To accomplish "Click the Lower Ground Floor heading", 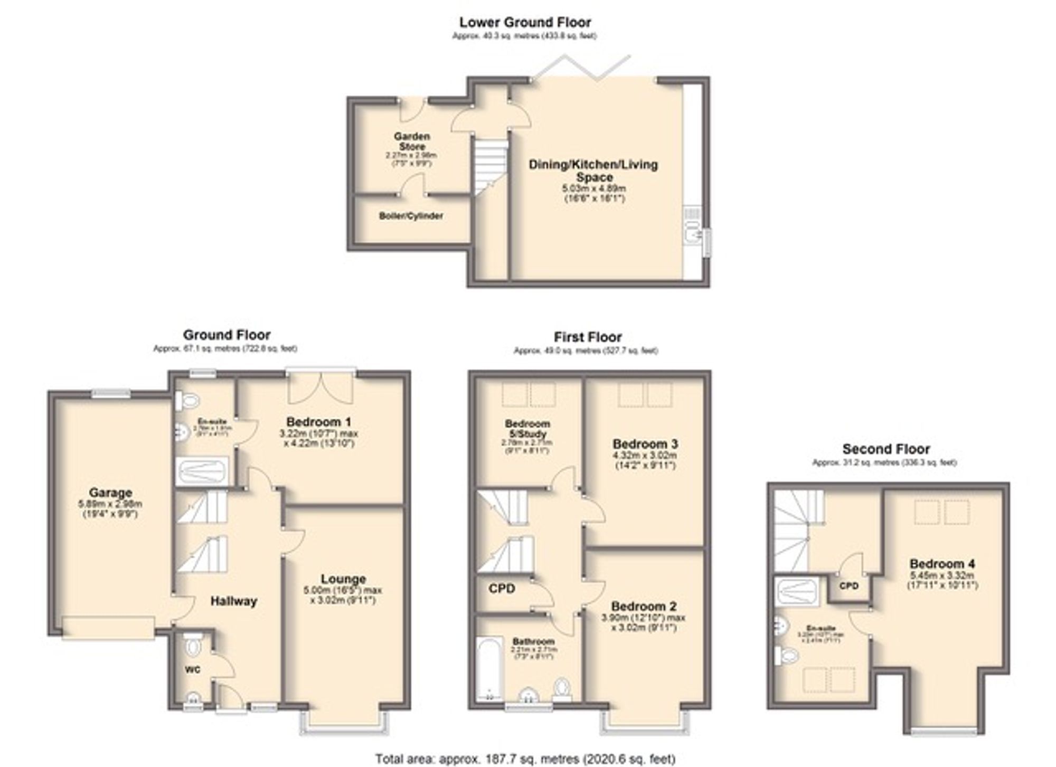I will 525,23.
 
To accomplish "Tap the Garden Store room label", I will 412,141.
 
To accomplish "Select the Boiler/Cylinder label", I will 411,216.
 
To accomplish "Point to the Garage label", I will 110,493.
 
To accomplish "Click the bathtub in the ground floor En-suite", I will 201,470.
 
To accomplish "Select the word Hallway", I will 233,601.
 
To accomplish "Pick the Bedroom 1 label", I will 318,422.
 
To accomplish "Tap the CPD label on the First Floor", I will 502,589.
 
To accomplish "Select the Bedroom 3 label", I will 645,444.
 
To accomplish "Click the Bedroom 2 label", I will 644,607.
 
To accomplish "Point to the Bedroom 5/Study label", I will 527,429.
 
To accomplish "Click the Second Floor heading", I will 886,449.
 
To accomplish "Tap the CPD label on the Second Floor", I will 848,586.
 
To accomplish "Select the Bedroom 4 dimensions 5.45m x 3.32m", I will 942,575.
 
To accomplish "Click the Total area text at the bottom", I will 525,759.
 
